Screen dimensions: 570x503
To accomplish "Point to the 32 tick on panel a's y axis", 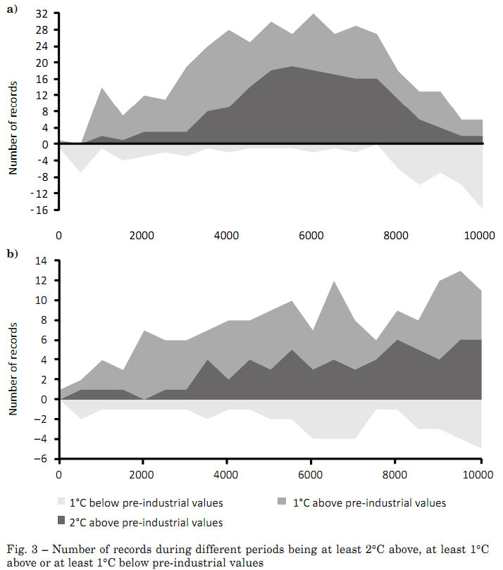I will [x=42, y=14].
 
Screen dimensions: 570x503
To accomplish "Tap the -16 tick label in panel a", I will [x=41, y=209].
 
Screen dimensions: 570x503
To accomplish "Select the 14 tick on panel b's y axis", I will [x=42, y=261].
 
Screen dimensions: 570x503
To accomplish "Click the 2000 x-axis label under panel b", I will [x=143, y=476].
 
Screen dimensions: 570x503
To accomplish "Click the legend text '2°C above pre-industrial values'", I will [x=150, y=522].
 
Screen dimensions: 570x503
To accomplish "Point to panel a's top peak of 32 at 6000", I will [x=312, y=14].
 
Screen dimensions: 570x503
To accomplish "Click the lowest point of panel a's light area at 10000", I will [x=481, y=208].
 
